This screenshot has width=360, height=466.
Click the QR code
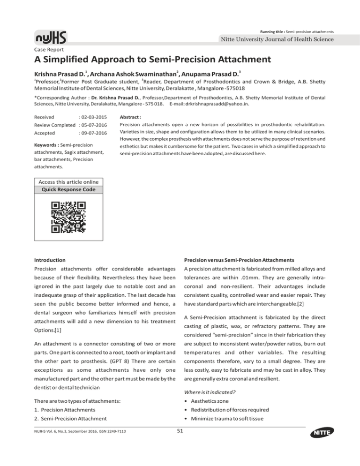[68, 217]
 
